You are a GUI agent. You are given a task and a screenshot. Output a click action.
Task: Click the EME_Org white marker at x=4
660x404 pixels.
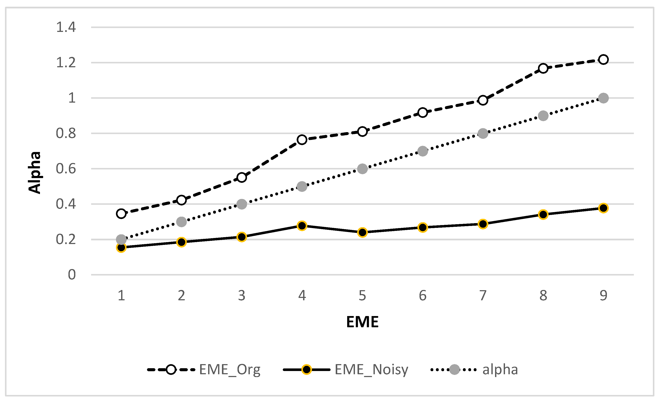(x=302, y=140)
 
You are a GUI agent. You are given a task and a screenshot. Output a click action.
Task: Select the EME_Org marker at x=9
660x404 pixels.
(x=603, y=60)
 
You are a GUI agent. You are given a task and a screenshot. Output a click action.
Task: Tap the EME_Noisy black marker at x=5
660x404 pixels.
(x=362, y=232)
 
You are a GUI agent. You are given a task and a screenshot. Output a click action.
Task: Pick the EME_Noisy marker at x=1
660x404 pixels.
(x=121, y=247)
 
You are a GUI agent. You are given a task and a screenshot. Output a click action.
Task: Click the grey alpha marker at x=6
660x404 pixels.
(x=423, y=151)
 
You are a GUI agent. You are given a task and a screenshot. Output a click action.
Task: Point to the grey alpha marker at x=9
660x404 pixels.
(x=603, y=98)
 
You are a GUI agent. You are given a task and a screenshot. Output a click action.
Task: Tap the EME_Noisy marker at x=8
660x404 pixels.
(x=543, y=214)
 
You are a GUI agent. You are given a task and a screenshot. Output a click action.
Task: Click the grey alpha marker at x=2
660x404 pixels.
(x=181, y=222)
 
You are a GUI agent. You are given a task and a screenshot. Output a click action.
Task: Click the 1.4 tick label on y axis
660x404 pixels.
(x=66, y=27)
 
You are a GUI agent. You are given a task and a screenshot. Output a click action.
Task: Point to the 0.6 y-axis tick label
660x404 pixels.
(x=66, y=169)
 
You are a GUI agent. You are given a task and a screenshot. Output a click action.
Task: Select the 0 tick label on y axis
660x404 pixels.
(x=72, y=275)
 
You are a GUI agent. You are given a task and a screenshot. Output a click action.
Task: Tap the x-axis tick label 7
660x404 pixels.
(x=483, y=296)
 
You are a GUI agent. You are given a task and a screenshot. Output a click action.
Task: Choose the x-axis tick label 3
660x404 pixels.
(x=242, y=296)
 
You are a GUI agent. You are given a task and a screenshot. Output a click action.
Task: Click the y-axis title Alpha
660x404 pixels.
(x=35, y=172)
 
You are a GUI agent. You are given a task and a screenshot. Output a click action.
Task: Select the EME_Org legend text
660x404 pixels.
(x=229, y=370)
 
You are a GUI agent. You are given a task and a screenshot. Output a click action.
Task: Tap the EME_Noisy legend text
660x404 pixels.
(x=371, y=370)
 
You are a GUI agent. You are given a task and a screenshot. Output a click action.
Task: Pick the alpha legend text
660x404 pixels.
(x=500, y=370)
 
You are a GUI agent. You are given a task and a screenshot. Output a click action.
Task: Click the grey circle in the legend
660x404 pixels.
(x=454, y=370)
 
